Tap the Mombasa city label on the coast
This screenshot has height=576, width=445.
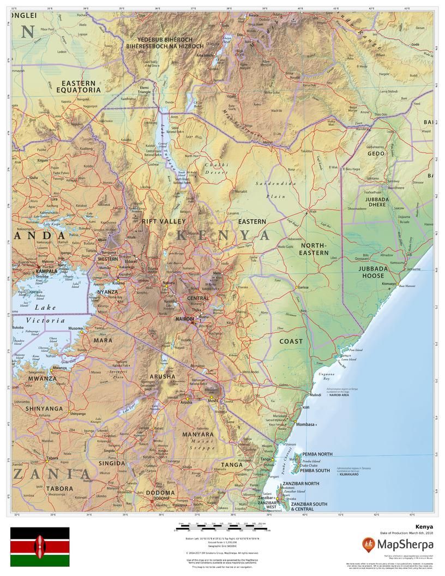coord(305,424)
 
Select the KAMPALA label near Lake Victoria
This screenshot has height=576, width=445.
coord(46,271)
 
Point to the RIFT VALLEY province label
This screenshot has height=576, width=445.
coord(164,221)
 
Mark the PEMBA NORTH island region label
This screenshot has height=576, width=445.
coord(317,454)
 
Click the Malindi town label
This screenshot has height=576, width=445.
coord(315,394)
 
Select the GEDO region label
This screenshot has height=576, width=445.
coord(376,154)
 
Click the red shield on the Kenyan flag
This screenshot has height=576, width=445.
coord(39,546)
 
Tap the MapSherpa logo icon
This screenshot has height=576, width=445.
coord(369,544)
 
